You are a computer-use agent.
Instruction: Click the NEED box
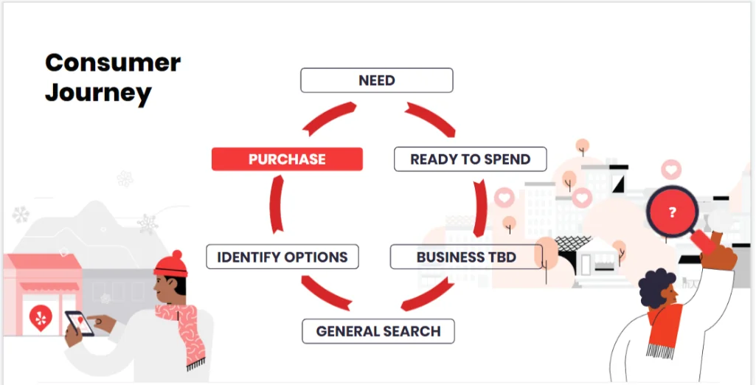377,80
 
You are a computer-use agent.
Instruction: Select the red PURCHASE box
287,159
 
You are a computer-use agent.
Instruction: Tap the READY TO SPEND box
470,159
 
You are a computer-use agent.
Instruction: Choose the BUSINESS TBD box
466,257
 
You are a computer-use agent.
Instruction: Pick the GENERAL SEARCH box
378,331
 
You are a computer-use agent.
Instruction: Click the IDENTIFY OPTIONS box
282,257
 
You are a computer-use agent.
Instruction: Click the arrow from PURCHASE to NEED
328,117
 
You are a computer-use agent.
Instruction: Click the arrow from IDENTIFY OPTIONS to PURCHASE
275,205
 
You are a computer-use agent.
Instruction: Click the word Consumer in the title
113,63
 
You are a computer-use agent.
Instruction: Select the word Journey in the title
98,93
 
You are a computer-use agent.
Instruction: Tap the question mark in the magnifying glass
673,212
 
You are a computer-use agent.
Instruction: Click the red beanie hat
170,264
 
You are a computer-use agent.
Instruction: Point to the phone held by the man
80,322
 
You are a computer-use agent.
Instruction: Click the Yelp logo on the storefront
41,318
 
